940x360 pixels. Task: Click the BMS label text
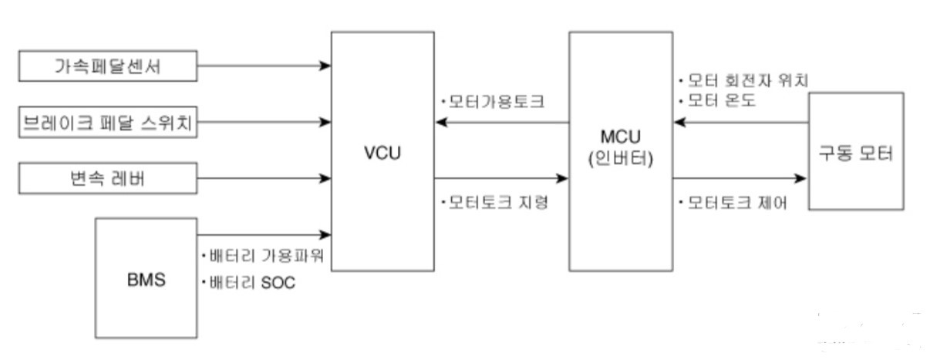click(146, 278)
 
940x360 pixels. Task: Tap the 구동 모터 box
click(855, 152)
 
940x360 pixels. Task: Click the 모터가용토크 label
click(493, 102)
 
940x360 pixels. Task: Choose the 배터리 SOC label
click(247, 283)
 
